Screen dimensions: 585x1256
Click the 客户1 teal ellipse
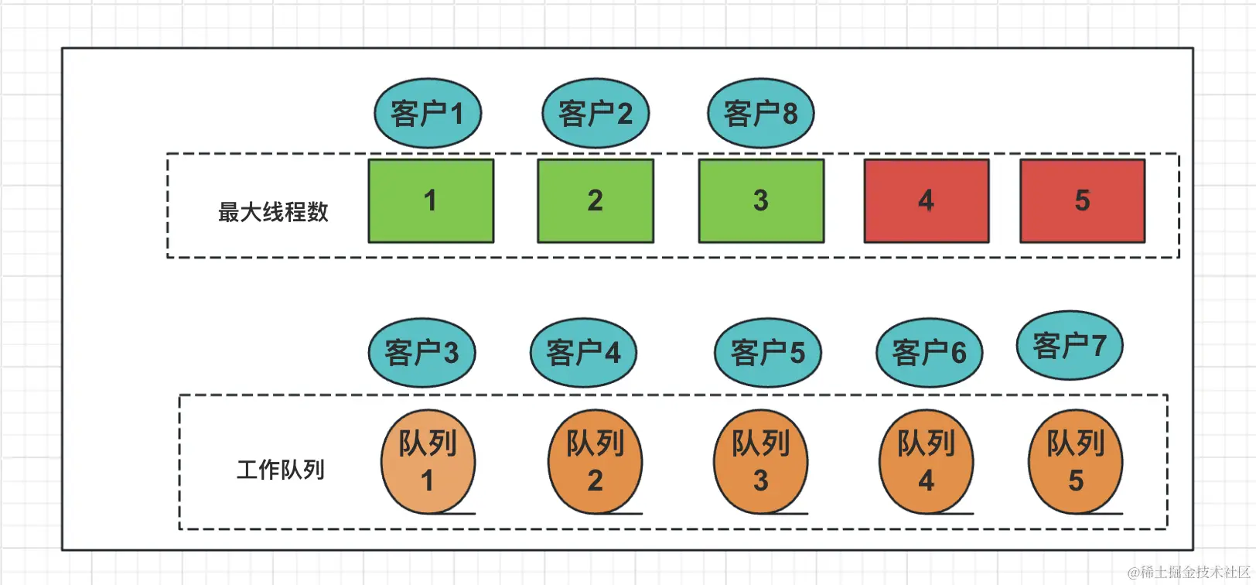point(428,113)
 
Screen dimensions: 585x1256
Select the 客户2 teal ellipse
point(595,113)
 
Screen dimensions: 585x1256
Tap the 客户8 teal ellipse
point(761,113)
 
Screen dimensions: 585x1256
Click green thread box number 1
point(431,201)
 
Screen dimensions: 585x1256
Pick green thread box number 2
point(596,201)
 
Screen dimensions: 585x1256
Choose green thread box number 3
point(761,201)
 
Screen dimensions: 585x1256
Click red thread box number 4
point(927,201)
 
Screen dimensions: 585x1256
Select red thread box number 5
point(1083,201)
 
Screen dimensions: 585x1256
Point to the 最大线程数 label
point(273,212)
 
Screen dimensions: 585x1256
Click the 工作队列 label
point(280,470)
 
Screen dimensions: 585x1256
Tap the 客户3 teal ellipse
point(422,353)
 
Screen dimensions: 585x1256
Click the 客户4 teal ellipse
point(583,353)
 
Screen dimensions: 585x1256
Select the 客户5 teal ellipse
point(767,353)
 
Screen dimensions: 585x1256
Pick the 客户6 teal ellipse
point(929,353)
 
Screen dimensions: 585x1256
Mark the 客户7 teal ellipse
point(1070,345)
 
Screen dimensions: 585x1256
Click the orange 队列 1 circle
point(428,462)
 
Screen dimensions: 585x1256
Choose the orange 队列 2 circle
point(595,462)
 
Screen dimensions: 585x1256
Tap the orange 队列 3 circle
point(761,462)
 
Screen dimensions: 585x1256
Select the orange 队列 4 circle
point(927,462)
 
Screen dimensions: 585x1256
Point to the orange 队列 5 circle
point(1076,462)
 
